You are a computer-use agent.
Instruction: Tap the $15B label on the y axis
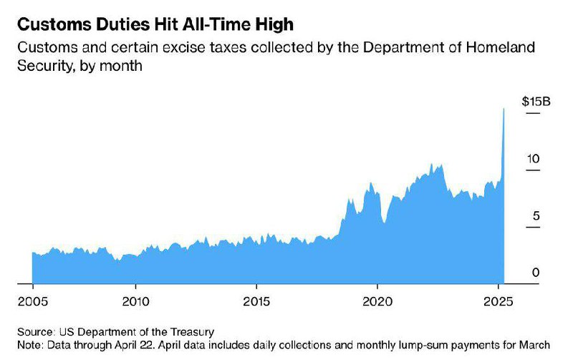pos(536,101)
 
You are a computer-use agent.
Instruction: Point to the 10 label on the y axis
pos(533,159)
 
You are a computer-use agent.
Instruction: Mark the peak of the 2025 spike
pos(504,109)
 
